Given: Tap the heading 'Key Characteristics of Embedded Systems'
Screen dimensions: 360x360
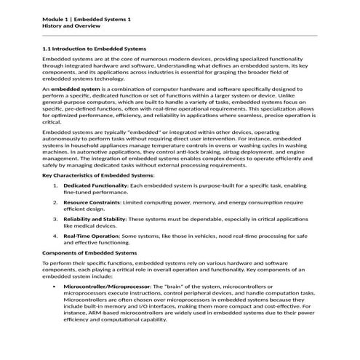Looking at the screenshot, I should (98, 175).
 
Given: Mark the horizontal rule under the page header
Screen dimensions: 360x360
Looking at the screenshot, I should (180, 34).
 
